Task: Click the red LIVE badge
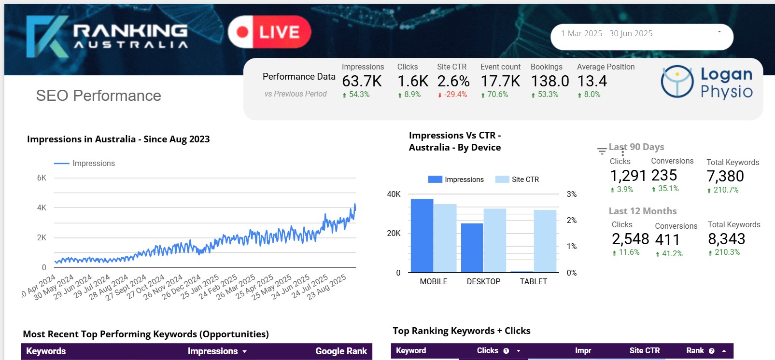coord(269,32)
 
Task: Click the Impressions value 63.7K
coord(362,81)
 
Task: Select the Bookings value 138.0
coord(550,81)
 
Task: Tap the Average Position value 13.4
coord(592,81)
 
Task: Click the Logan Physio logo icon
coord(677,81)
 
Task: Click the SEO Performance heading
coord(99,96)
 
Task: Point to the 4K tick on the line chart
coord(42,208)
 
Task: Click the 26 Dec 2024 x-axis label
coord(182,287)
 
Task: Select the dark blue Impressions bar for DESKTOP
coord(472,248)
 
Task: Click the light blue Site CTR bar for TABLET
coord(545,241)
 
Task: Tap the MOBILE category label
coord(433,281)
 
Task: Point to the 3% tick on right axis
coord(572,194)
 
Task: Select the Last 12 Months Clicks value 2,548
coord(630,239)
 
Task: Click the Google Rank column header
coord(341,351)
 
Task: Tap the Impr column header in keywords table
coord(583,351)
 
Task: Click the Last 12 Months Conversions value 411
coord(667,239)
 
